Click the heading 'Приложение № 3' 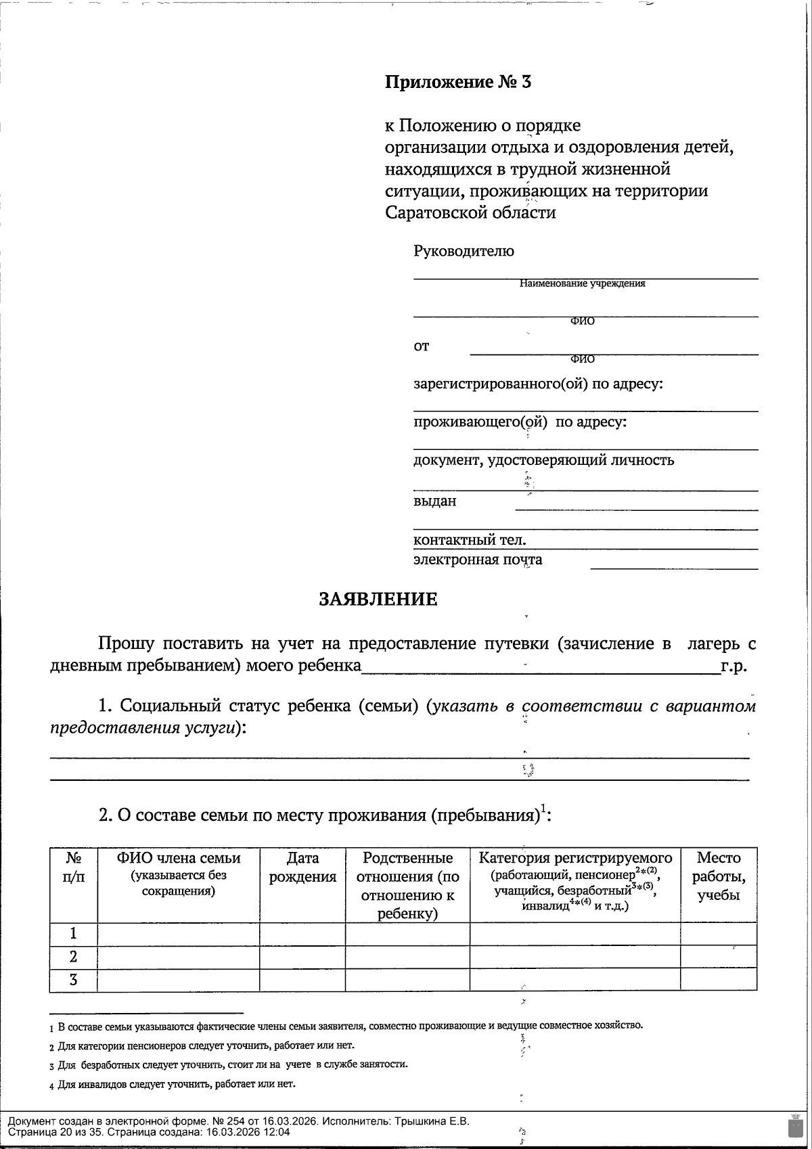(458, 83)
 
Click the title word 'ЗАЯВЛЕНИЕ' (378, 600)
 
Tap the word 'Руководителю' (464, 252)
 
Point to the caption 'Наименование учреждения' (582, 284)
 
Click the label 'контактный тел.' (470, 540)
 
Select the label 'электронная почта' (478, 560)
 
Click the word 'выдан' (434, 501)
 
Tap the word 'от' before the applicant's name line (421, 346)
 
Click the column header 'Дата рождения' (302, 868)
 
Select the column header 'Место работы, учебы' (719, 876)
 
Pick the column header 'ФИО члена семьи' (179, 859)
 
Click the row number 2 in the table (73, 957)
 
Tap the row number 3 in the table (73, 980)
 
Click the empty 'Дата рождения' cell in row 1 (302, 934)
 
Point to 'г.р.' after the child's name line (734, 666)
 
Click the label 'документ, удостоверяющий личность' (543, 461)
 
